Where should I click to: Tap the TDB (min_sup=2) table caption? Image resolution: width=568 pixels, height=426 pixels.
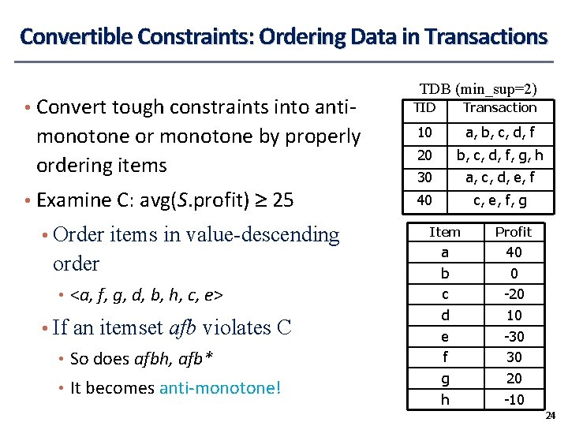click(478, 90)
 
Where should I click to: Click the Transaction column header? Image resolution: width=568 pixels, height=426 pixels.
click(499, 107)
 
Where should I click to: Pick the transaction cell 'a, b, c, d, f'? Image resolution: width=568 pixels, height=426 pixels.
click(499, 133)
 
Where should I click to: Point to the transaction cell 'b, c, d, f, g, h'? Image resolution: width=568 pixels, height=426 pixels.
click(499, 155)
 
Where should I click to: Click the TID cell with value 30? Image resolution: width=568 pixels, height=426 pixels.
click(424, 177)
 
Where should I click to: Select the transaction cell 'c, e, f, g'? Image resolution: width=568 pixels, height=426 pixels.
click(500, 200)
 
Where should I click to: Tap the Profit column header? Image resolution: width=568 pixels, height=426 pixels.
click(513, 232)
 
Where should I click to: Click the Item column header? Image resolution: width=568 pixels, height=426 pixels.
click(445, 232)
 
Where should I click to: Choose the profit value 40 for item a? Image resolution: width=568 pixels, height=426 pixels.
click(514, 252)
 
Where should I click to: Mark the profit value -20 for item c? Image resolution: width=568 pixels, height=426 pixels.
click(514, 294)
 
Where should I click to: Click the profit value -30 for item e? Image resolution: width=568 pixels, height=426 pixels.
click(514, 336)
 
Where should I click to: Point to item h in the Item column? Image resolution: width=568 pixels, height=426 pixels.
click(445, 399)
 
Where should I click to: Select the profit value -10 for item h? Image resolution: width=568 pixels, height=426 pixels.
click(514, 399)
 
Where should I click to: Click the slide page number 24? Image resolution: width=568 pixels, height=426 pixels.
click(551, 416)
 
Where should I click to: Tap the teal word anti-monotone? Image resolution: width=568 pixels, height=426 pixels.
click(220, 388)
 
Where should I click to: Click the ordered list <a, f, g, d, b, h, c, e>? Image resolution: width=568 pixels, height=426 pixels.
click(147, 296)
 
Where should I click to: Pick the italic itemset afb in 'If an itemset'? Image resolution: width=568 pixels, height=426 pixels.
click(181, 327)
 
